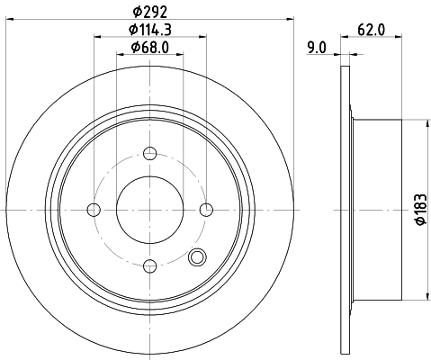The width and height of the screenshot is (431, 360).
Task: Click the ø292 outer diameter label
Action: click(150, 12)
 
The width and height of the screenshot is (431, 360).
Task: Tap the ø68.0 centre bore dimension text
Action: click(150, 47)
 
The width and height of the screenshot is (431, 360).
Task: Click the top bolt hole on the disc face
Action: click(150, 154)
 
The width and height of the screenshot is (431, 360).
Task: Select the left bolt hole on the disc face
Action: click(94, 210)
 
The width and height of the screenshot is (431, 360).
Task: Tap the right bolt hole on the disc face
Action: click(207, 210)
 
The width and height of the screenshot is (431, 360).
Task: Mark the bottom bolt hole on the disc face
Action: click(150, 265)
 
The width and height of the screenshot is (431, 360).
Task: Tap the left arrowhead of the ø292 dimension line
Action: click(9, 20)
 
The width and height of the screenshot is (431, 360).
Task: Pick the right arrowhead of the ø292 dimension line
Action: click(292, 20)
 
